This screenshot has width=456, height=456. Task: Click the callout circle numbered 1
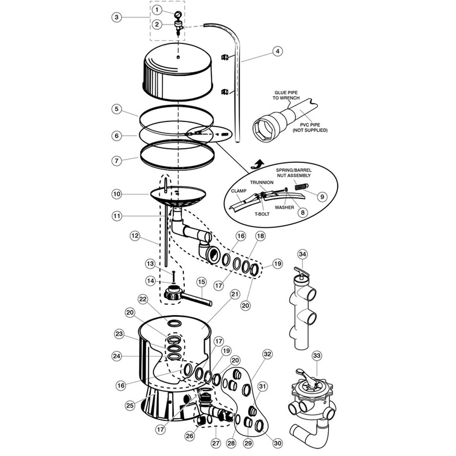pyautogui.click(x=157, y=10)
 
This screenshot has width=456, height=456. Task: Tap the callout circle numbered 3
pyautogui.click(x=117, y=17)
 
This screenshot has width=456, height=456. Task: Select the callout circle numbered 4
pyautogui.click(x=278, y=51)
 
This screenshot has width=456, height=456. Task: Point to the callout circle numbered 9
pyautogui.click(x=322, y=197)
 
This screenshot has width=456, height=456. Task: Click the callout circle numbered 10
pyautogui.click(x=117, y=194)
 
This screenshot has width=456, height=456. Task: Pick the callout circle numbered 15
pyautogui.click(x=201, y=282)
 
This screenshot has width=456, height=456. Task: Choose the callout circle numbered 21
pyautogui.click(x=235, y=294)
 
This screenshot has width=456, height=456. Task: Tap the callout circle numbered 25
pyautogui.click(x=130, y=405)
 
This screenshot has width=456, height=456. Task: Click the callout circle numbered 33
pyautogui.click(x=317, y=355)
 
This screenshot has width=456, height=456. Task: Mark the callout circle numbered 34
pyautogui.click(x=303, y=254)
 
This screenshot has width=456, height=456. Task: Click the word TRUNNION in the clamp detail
pyautogui.click(x=262, y=182)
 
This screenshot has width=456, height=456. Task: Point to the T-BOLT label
pyautogui.click(x=262, y=214)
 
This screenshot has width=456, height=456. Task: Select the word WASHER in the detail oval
pyautogui.click(x=284, y=207)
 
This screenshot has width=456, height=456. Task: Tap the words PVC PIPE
pyautogui.click(x=310, y=125)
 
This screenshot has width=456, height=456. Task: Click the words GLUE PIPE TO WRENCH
pyautogui.click(x=286, y=95)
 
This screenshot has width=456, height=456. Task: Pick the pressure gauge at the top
pyautogui.click(x=178, y=14)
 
